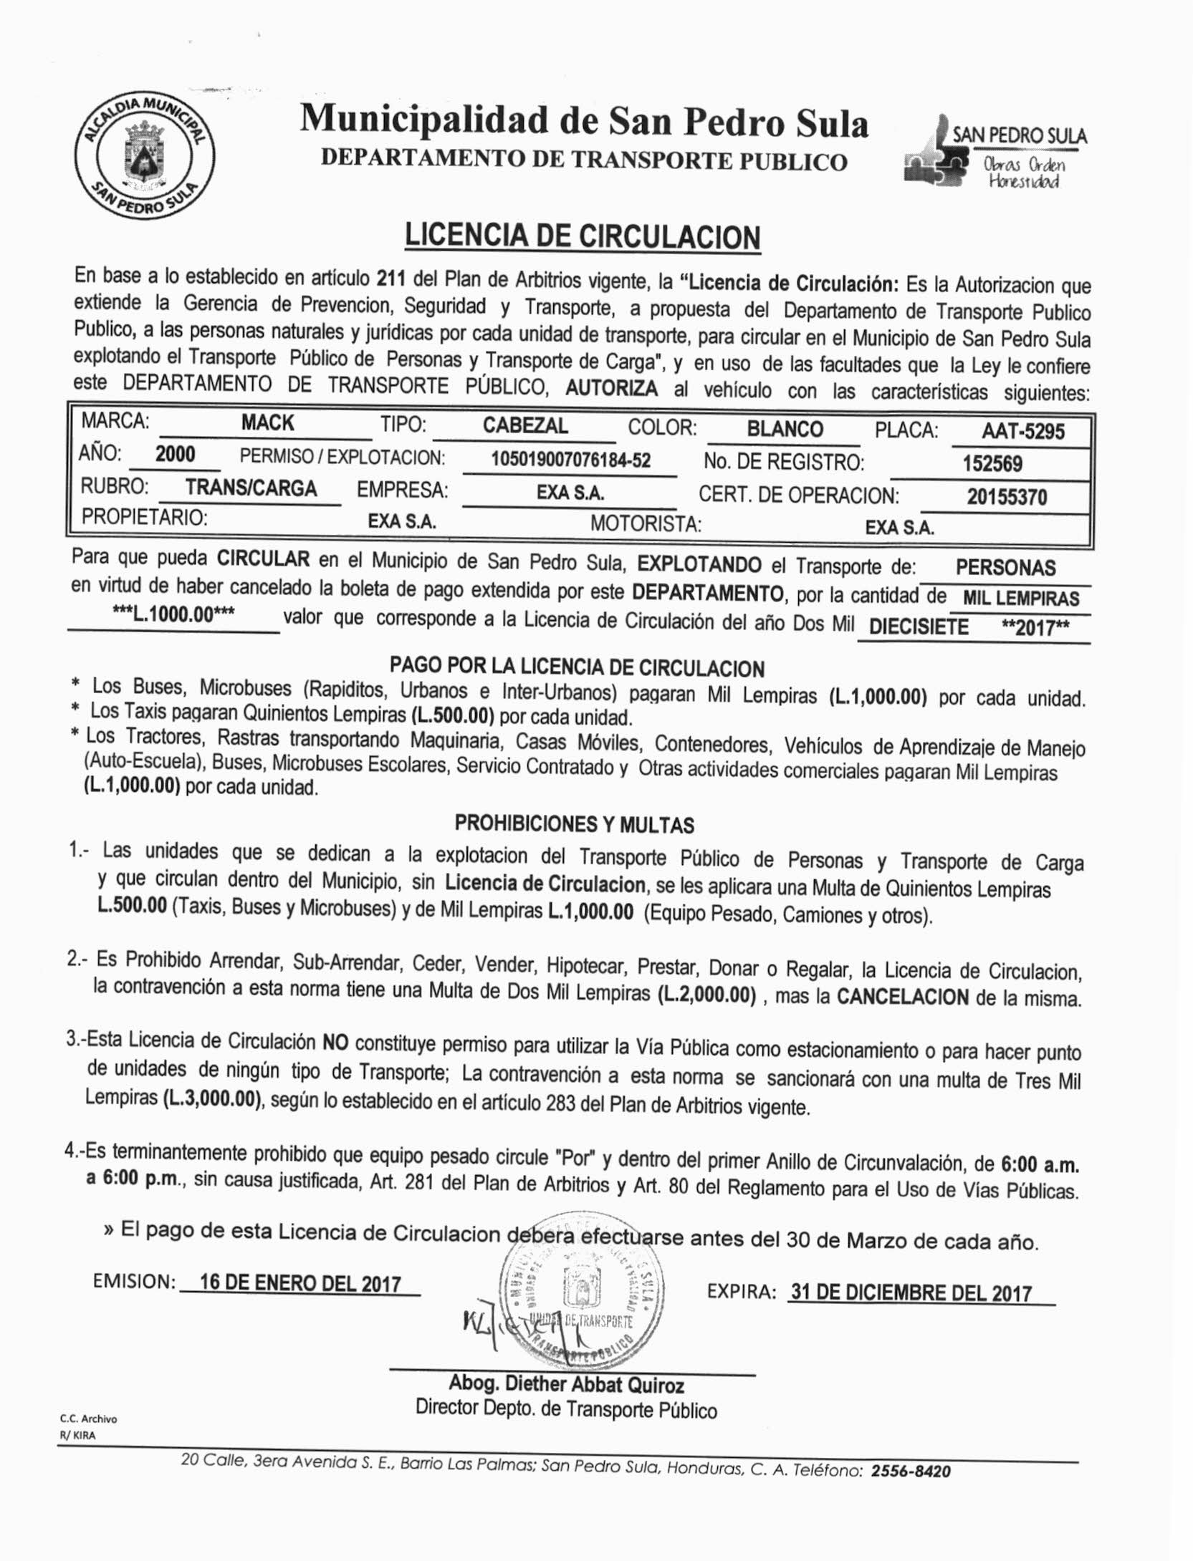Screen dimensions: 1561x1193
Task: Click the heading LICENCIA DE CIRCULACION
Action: [582, 236]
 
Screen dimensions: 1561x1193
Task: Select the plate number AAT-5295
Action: [1023, 431]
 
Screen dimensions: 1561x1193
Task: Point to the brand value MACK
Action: [267, 422]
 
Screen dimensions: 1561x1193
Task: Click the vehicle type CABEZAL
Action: [525, 425]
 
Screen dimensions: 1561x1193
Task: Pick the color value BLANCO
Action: [785, 428]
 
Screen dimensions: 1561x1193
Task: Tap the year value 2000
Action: [175, 454]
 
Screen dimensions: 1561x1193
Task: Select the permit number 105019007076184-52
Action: [570, 460]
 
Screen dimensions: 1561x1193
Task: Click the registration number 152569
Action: [992, 463]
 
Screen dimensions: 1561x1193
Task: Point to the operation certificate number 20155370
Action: [1007, 496]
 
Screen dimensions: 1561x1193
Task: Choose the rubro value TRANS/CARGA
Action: [251, 488]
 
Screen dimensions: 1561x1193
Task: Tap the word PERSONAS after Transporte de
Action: [1005, 568]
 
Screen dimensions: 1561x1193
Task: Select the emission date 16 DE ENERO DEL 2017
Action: [300, 1282]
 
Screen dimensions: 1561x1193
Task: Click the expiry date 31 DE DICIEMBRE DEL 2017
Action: [910, 1292]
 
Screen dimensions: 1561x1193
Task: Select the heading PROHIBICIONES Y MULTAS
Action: [574, 825]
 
